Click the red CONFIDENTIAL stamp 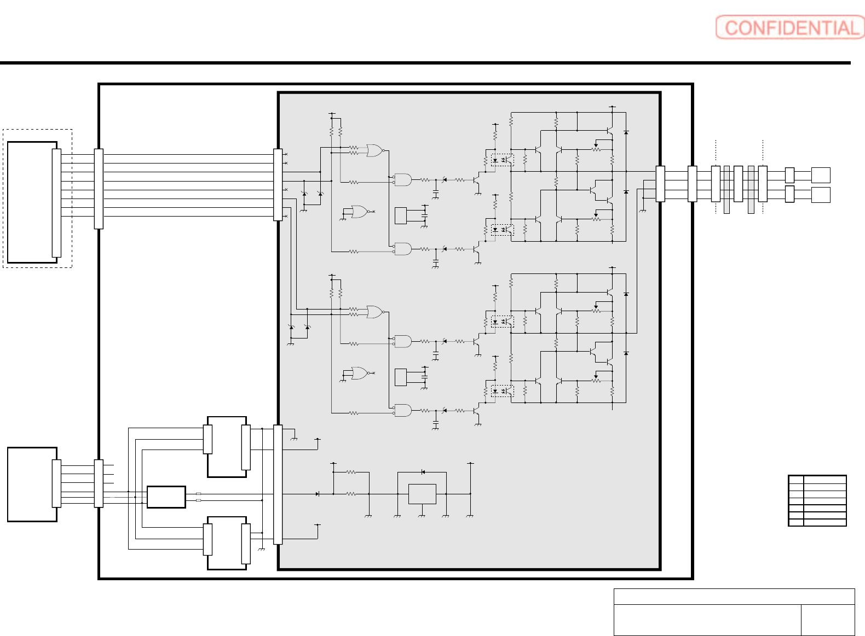click(x=790, y=27)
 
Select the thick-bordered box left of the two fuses click(x=166, y=497)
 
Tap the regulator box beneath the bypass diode click(x=422, y=494)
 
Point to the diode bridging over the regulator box click(x=423, y=472)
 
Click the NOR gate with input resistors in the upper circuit click(x=374, y=150)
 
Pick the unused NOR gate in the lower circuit click(x=360, y=373)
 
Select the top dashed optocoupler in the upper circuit click(x=502, y=160)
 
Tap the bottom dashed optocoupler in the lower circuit click(x=502, y=391)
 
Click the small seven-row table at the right click(x=817, y=500)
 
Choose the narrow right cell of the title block click(x=828, y=620)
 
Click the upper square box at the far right click(x=821, y=175)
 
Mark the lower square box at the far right click(x=821, y=195)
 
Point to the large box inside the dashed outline click(x=32, y=202)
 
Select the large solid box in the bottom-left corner click(x=32, y=485)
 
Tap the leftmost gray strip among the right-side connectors click(x=726, y=189)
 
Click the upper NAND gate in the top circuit click(x=403, y=180)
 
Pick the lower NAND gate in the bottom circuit click(x=403, y=410)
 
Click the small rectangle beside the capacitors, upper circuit click(x=401, y=215)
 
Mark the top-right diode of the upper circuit click(x=626, y=132)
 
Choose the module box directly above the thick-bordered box click(x=227, y=447)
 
